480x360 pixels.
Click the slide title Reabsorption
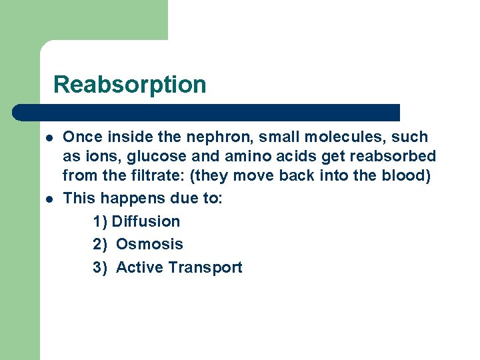[x=129, y=85]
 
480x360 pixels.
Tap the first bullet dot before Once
[x=50, y=137]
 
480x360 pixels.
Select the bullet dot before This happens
[x=50, y=199]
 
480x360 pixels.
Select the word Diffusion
[x=146, y=221]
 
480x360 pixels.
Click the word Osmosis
[x=149, y=245]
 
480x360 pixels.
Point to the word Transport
[x=205, y=268]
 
